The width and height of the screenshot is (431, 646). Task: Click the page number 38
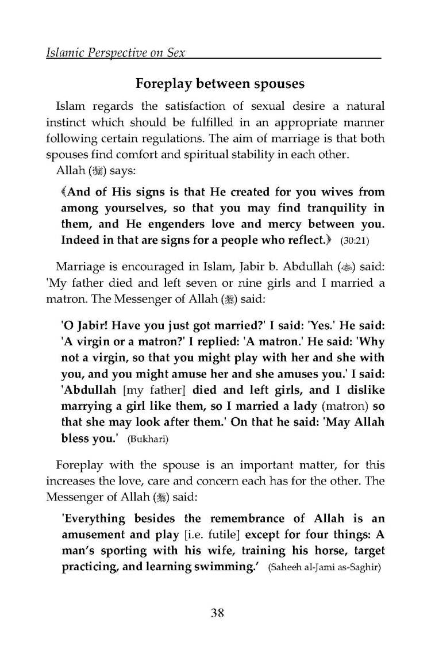click(217, 613)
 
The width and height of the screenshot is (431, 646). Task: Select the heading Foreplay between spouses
click(220, 83)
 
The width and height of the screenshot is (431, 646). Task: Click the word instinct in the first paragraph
click(66, 123)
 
